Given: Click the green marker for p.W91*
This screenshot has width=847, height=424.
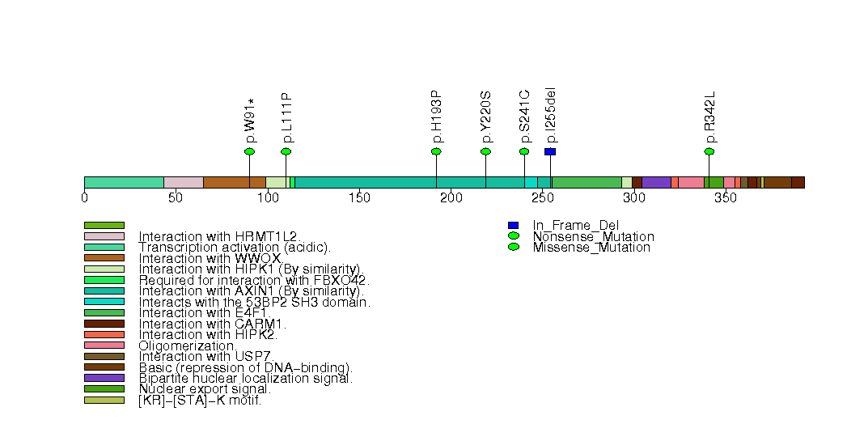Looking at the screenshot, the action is pos(249,152).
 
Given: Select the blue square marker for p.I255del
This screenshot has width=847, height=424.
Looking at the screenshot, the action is pos(550,152).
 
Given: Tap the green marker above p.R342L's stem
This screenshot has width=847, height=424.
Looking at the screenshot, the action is pos(709,152).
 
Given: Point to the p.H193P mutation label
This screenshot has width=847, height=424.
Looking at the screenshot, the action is pos(437,117).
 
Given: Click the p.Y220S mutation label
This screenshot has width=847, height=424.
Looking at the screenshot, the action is pos(486,117).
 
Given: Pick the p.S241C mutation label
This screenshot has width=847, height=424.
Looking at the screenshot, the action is pos(524,117).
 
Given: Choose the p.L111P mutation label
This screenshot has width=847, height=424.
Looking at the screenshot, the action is pos(286,118).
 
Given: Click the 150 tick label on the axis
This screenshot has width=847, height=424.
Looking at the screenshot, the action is pos(360,198).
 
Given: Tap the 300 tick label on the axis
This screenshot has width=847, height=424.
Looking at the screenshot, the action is pos(634,198).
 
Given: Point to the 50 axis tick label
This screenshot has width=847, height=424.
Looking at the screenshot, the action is pos(176,198).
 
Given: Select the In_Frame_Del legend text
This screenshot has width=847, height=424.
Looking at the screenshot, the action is pos(576,226).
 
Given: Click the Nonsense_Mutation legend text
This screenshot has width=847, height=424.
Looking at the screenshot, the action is pos(593,236).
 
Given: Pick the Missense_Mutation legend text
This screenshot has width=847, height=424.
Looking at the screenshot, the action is pos(591,248).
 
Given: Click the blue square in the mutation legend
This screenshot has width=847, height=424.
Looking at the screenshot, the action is pos(513,225).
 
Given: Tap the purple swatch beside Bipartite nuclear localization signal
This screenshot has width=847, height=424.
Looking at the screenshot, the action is pos(104,378).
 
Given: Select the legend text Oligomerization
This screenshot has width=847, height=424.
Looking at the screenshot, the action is pos(188,346).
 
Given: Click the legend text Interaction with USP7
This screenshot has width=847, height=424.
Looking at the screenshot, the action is pos(206,357).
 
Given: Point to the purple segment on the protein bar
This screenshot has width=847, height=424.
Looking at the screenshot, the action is pos(656,183).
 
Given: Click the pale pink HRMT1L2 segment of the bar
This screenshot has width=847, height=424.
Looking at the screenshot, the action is pos(184,183).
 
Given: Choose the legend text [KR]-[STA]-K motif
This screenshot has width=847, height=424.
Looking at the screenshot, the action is pos(200,401).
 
